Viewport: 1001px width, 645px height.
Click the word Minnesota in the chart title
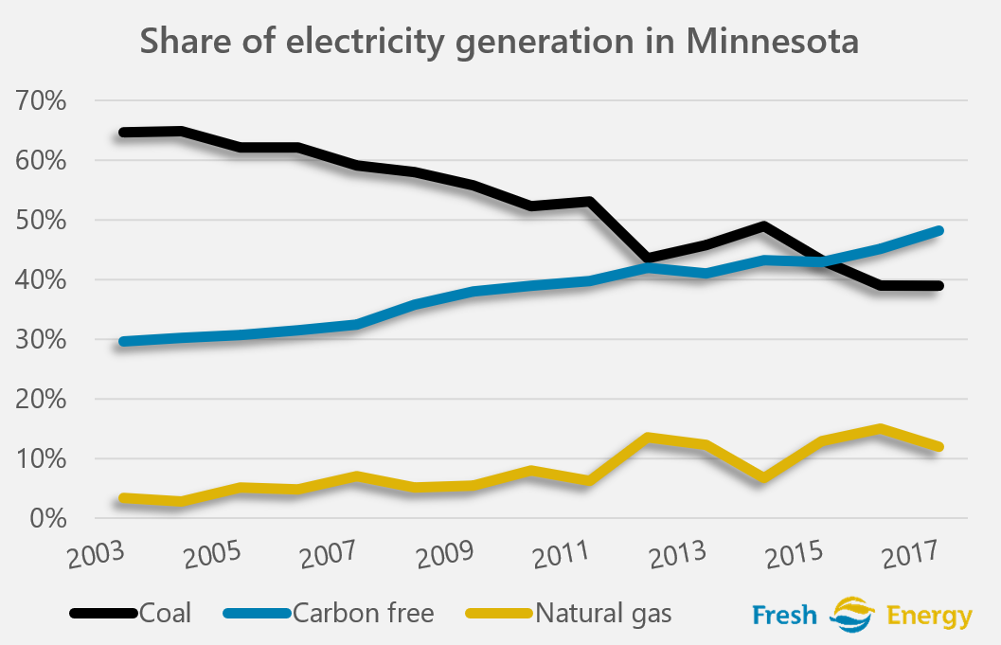pyautogui.click(x=772, y=42)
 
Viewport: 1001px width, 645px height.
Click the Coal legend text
pyautogui.click(x=166, y=613)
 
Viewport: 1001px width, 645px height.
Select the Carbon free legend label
pyautogui.click(x=364, y=613)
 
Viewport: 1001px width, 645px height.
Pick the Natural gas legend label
pyautogui.click(x=603, y=613)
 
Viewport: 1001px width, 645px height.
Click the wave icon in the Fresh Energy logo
pyautogui.click(x=851, y=615)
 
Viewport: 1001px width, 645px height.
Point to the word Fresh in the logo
pyautogui.click(x=783, y=616)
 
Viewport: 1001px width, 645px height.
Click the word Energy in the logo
pyautogui.click(x=930, y=617)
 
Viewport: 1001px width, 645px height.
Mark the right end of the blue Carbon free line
pyautogui.click(x=938, y=230)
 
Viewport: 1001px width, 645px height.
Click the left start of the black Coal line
pyautogui.click(x=122, y=133)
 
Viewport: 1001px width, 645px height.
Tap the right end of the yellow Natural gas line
pyautogui.click(x=938, y=447)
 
